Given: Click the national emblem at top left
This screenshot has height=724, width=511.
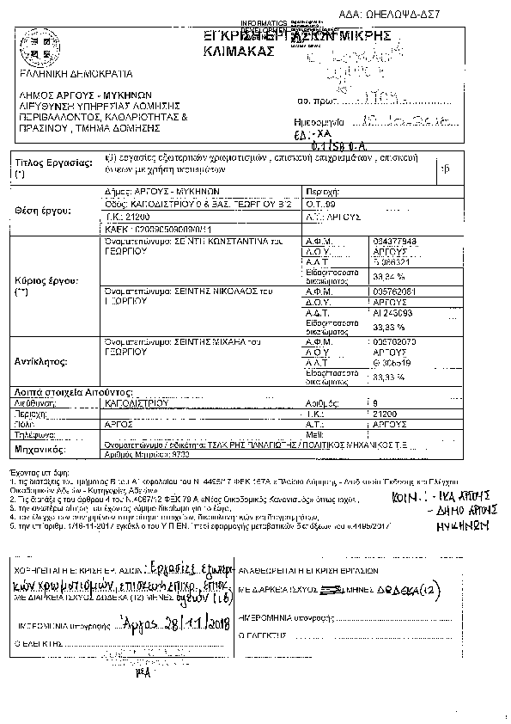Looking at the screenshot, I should tap(38, 50).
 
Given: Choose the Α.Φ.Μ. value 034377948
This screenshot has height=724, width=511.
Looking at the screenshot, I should tap(396, 242).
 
